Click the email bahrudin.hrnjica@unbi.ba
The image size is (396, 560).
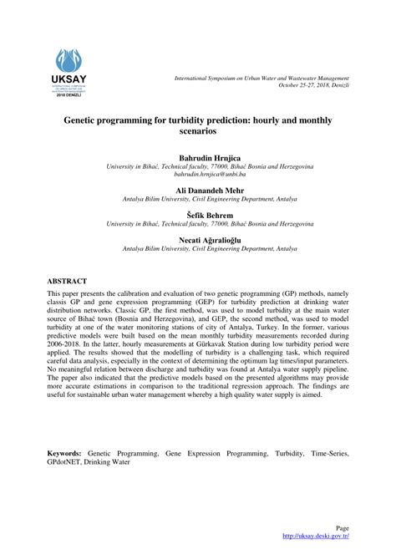coord(198,174)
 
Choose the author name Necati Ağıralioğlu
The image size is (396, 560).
coord(198,239)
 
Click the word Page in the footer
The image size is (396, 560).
coord(342,528)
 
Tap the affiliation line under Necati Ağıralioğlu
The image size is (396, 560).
coord(198,248)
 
